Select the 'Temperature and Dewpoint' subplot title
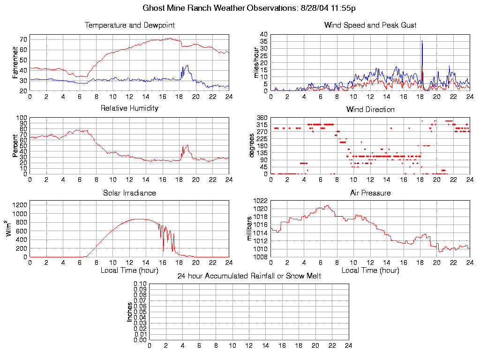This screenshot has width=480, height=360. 129,25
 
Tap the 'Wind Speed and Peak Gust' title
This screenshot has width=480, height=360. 370,25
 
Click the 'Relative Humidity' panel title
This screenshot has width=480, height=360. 129,108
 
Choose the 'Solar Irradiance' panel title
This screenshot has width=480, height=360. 129,193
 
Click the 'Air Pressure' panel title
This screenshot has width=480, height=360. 370,193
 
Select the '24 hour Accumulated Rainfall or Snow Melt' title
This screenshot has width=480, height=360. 249,276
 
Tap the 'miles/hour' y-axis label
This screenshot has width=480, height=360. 256,63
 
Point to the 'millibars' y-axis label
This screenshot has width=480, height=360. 249,228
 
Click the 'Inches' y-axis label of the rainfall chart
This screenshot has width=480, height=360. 129,312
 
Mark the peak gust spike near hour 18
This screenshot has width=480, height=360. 422,42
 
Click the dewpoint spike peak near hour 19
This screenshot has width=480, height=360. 187,66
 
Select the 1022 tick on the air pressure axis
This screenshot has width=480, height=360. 261,201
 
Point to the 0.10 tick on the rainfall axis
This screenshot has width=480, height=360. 140,284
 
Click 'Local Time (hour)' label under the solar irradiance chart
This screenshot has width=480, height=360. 129,270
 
